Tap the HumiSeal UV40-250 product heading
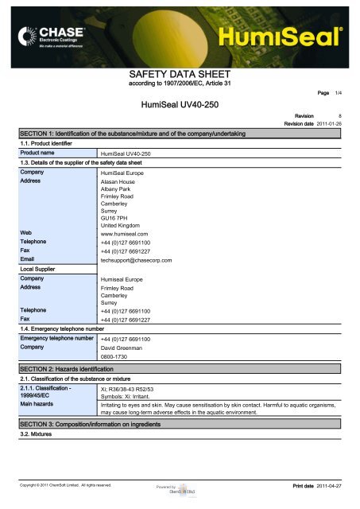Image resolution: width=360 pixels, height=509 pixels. [x=179, y=104]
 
